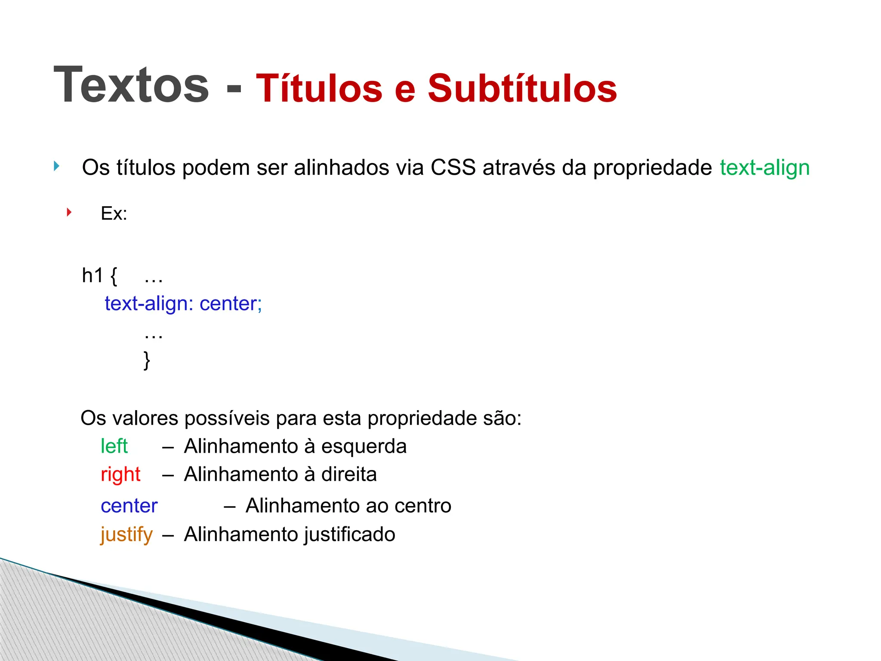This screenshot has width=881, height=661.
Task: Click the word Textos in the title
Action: click(x=131, y=85)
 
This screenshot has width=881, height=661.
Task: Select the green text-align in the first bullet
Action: click(x=764, y=167)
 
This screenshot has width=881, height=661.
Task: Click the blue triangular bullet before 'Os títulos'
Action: click(x=56, y=166)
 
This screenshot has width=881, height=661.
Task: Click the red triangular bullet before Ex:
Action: click(x=69, y=212)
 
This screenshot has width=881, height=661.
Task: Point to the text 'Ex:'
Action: click(x=114, y=213)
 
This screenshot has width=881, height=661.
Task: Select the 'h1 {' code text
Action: click(x=99, y=275)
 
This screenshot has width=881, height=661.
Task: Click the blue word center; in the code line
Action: click(x=231, y=304)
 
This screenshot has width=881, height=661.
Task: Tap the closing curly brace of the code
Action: click(x=147, y=360)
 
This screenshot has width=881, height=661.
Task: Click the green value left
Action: click(x=114, y=446)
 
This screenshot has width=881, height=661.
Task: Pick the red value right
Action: click(x=120, y=475)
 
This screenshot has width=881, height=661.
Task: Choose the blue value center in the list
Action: click(x=129, y=506)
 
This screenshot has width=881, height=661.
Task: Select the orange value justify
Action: click(x=126, y=534)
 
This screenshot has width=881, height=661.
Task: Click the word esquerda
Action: click(x=363, y=446)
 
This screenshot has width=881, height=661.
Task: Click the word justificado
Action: click(x=349, y=534)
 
